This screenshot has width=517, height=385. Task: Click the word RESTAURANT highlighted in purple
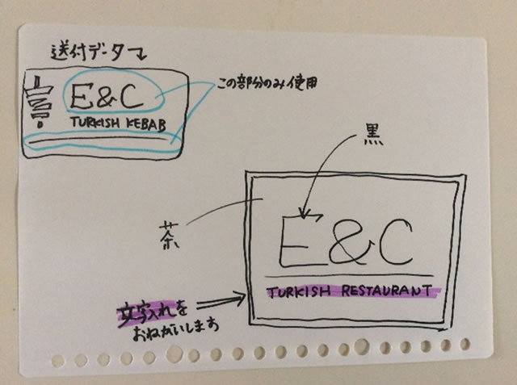(387, 291)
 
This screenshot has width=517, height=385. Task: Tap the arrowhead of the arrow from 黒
(305, 215)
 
